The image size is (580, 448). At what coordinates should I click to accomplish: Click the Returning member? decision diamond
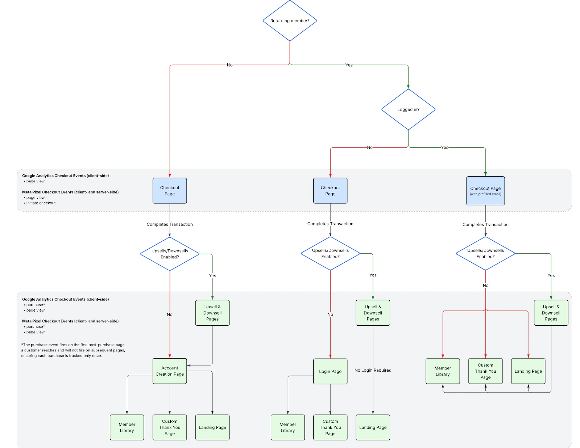(x=290, y=21)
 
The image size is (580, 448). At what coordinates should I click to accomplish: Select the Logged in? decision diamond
(x=408, y=109)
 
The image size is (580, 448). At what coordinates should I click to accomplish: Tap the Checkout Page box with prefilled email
(x=485, y=191)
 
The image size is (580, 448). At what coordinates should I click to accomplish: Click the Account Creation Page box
(x=170, y=371)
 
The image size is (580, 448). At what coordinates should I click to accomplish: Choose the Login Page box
(x=330, y=371)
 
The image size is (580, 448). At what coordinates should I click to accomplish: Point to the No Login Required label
(x=373, y=370)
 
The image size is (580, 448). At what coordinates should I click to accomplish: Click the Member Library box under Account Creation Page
(x=127, y=427)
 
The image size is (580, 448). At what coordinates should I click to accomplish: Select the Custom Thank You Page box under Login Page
(x=330, y=427)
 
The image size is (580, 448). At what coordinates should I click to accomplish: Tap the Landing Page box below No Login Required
(x=373, y=427)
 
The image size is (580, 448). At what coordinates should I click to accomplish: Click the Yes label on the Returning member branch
(x=349, y=65)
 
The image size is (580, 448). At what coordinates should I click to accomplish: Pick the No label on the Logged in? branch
(x=369, y=148)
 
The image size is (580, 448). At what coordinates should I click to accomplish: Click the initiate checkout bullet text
(x=41, y=203)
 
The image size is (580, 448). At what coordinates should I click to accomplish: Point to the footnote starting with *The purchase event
(x=73, y=350)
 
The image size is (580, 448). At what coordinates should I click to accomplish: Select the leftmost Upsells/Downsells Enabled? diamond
(x=170, y=254)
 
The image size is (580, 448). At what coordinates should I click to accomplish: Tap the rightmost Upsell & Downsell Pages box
(x=551, y=313)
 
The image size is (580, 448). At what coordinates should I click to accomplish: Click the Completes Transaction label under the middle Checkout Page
(x=330, y=224)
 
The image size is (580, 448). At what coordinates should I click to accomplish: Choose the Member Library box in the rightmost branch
(x=443, y=371)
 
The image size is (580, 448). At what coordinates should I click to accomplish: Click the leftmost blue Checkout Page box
(x=170, y=191)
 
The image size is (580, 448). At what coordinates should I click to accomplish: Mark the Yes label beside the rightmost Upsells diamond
(x=551, y=275)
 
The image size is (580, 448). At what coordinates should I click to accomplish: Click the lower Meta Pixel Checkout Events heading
(x=70, y=321)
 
